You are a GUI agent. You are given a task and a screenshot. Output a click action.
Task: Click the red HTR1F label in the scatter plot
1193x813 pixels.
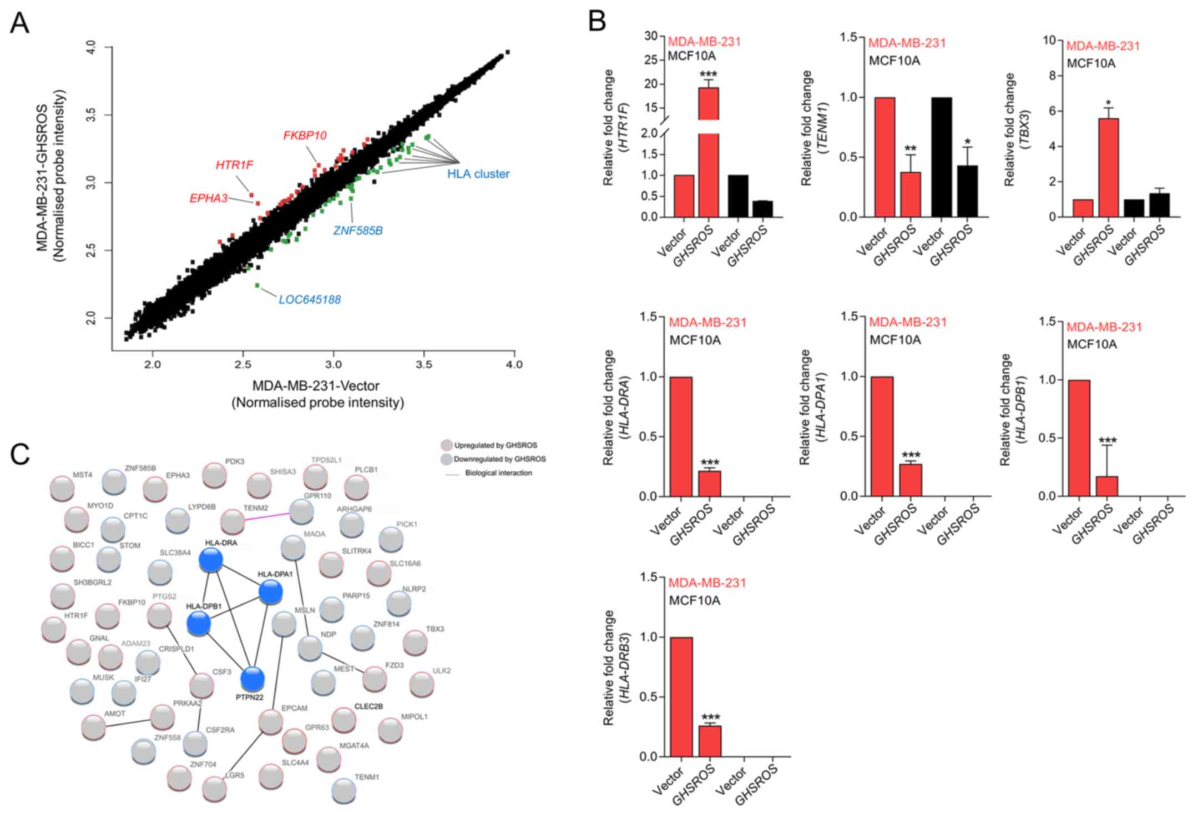coord(234,165)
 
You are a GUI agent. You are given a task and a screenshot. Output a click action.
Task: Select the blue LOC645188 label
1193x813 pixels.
coord(309,300)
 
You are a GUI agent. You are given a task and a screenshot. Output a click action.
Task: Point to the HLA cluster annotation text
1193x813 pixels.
coord(478,174)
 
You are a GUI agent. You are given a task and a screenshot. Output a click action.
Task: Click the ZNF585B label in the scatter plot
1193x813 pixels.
coord(358,230)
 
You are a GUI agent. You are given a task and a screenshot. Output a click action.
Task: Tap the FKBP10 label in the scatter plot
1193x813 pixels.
coord(305,135)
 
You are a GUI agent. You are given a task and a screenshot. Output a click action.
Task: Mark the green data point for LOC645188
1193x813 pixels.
coord(257,285)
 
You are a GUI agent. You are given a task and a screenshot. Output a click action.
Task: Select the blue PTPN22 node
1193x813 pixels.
coord(252,679)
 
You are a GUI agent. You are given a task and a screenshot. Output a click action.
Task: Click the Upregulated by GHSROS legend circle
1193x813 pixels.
coord(446,445)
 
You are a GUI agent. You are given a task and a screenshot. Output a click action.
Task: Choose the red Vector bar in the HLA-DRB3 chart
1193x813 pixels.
coord(681,696)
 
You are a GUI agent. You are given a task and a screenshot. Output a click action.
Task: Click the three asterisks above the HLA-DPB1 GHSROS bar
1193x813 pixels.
coord(1108,441)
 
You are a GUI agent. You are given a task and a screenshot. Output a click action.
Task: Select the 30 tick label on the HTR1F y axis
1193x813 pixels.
coord(651,36)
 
